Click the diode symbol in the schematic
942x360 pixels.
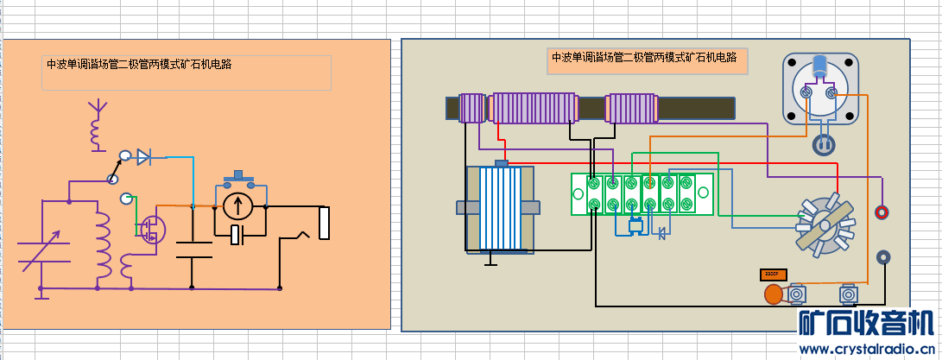(143, 156)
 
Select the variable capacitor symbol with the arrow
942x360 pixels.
(41, 245)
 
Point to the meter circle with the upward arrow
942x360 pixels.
(237, 206)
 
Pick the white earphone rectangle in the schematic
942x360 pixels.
(325, 223)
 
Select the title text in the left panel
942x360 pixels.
(139, 64)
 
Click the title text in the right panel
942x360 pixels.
(644, 58)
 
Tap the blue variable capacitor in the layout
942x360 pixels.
(501, 208)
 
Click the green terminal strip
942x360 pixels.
(642, 193)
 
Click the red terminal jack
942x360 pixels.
(882, 212)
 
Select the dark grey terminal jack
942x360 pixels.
(883, 256)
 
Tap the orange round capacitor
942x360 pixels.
(774, 294)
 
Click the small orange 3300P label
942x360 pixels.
(773, 275)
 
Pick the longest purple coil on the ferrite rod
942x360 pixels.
(532, 108)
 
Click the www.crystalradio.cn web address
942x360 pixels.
(867, 350)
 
